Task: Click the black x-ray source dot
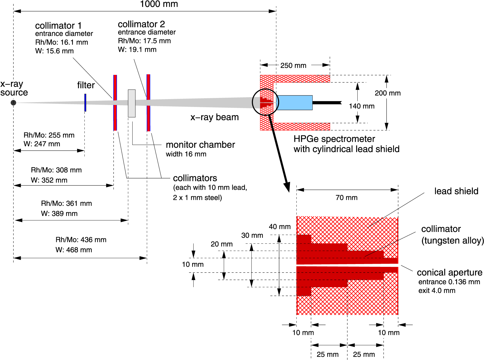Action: click(13, 102)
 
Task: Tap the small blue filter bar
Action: click(85, 102)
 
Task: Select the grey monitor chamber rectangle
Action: click(132, 103)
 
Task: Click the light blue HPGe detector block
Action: click(295, 102)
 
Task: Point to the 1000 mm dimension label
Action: click(159, 4)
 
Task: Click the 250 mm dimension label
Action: click(293, 66)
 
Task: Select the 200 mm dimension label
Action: click(387, 93)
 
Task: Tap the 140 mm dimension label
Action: click(362, 106)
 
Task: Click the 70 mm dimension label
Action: click(346, 198)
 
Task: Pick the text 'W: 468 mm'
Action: click(74, 250)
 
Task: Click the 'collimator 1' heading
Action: click(58, 26)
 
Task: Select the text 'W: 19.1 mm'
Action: click(137, 50)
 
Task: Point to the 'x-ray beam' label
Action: click(214, 117)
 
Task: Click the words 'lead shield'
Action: click(456, 191)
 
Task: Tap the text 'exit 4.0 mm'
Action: click(437, 290)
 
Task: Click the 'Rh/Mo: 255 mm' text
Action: click(49, 135)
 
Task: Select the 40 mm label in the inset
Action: click(279, 227)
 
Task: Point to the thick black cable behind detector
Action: click(326, 103)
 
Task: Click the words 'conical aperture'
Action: click(449, 272)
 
